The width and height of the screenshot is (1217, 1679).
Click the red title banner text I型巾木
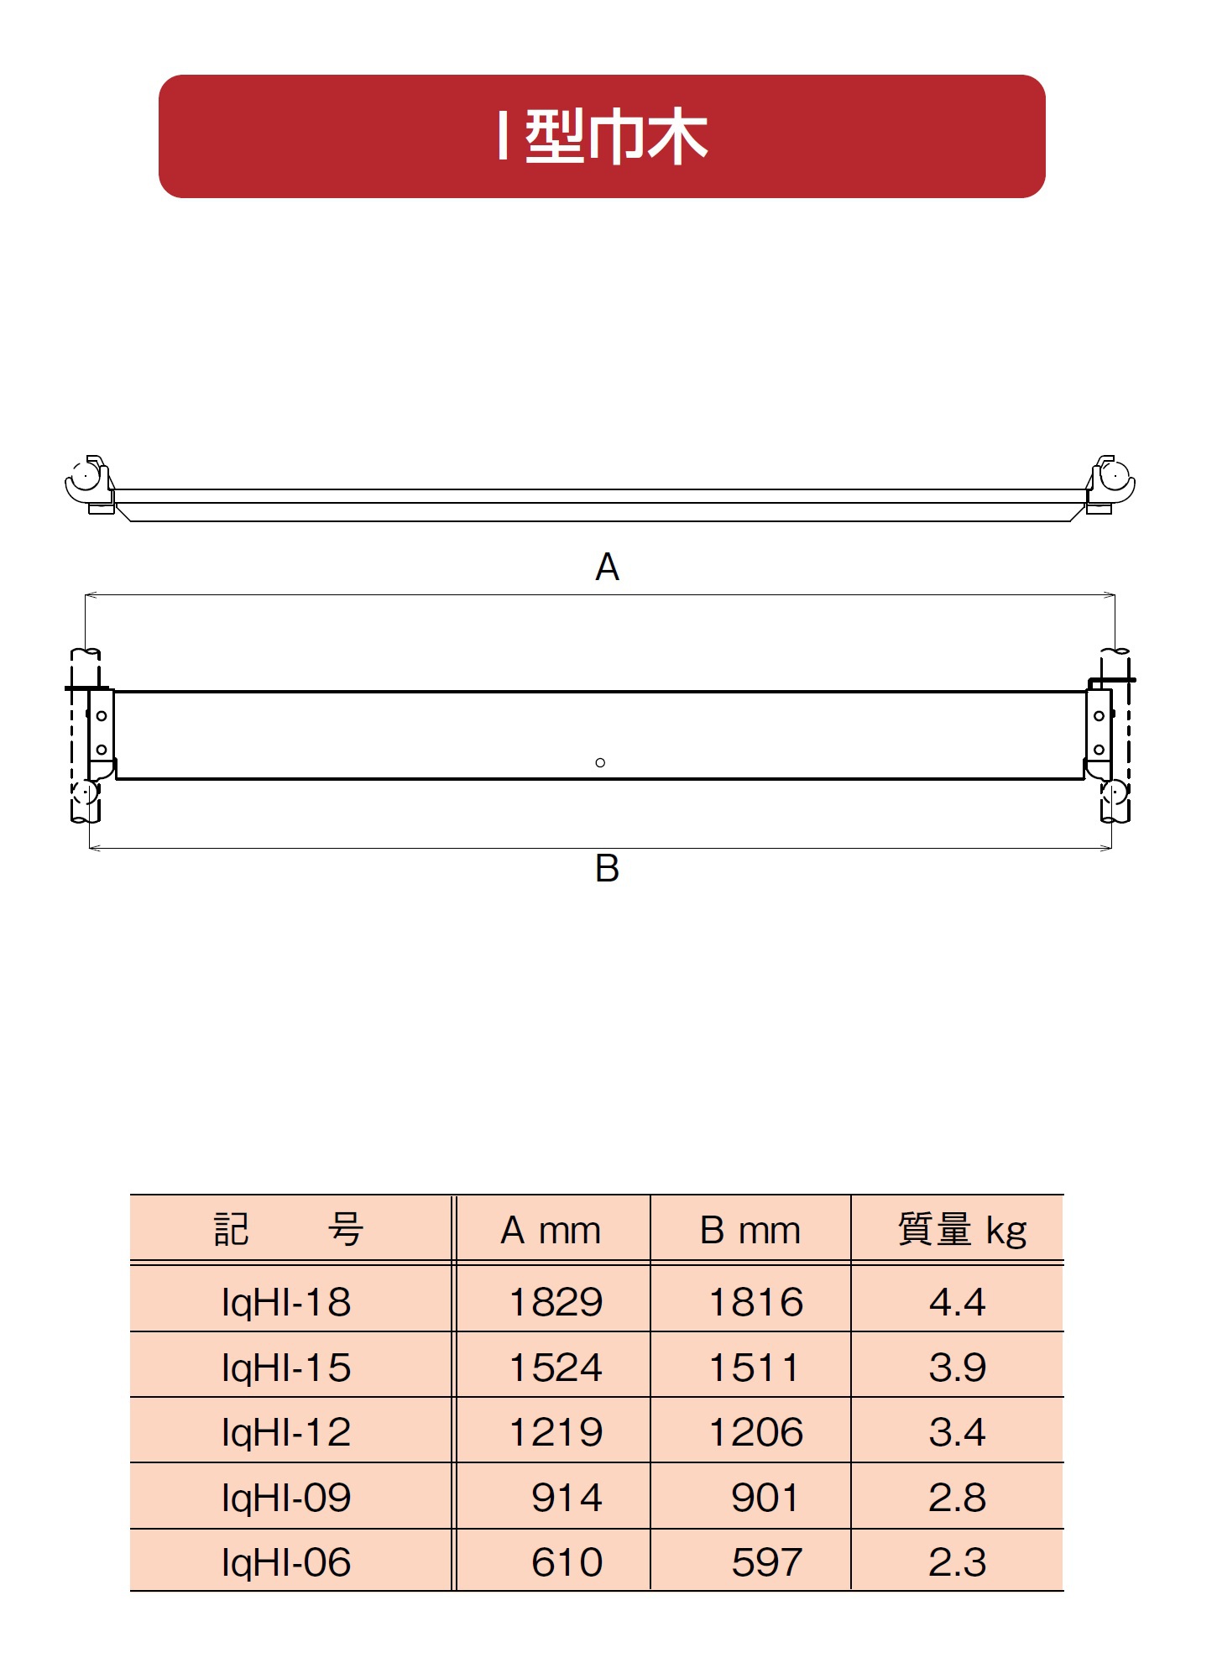pyautogui.click(x=603, y=137)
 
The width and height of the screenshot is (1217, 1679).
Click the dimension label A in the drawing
pyautogui.click(x=607, y=568)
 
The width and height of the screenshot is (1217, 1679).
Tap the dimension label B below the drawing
pyautogui.click(x=607, y=868)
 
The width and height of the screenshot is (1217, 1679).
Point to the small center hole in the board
pyautogui.click(x=600, y=762)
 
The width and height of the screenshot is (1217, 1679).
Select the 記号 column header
pyautogui.click(x=289, y=1230)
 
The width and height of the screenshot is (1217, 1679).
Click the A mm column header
pyautogui.click(x=551, y=1231)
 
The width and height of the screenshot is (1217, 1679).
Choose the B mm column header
pyautogui.click(x=750, y=1231)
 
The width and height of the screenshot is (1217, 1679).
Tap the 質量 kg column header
pyautogui.click(x=963, y=1231)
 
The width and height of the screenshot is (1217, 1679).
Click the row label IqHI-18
pyautogui.click(x=286, y=1302)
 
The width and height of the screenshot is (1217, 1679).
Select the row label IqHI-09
pyautogui.click(x=286, y=1498)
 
